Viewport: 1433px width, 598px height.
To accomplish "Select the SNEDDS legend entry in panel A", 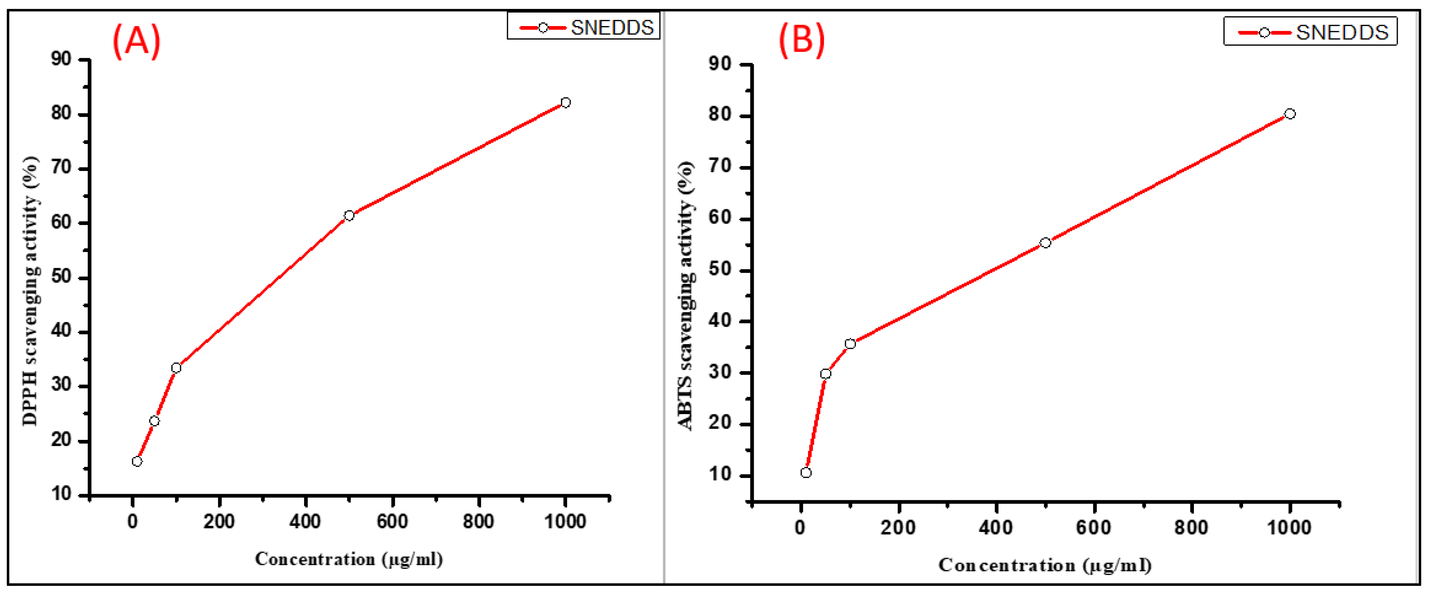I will tap(584, 27).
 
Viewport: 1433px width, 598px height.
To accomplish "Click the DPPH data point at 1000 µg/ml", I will tap(566, 102).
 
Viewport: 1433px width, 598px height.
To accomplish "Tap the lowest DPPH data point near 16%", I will tap(137, 461).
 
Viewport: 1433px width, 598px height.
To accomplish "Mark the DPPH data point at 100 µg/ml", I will tap(176, 368).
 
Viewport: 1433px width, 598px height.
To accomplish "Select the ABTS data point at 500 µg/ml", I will tap(1045, 243).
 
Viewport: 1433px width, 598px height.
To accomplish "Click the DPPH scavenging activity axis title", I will tap(31, 291).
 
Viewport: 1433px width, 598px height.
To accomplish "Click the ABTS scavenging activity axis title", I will tap(685, 296).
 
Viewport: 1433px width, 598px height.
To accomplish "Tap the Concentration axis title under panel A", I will tap(349, 559).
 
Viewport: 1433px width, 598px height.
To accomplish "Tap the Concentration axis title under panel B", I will tap(1045, 565).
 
